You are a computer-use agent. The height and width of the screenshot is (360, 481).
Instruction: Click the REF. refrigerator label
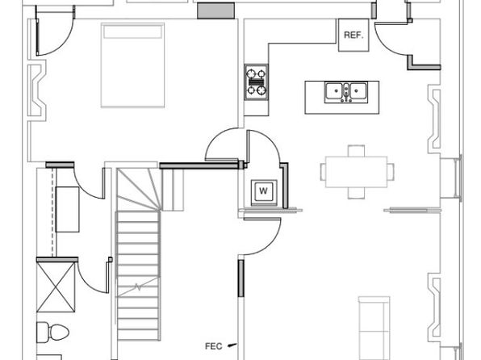(353, 35)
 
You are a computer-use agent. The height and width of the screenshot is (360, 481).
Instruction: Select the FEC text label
(214, 346)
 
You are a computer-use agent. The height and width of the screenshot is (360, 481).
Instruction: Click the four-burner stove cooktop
(256, 82)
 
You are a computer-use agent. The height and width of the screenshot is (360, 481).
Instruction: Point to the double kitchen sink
(346, 92)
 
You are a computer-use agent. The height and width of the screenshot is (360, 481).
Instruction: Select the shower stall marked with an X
(56, 287)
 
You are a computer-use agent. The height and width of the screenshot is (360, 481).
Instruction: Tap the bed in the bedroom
(132, 65)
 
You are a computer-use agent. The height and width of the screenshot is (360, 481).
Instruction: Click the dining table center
(356, 172)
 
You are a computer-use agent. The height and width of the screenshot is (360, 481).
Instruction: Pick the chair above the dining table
(356, 151)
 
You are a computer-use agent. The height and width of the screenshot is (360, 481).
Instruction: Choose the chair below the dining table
(356, 193)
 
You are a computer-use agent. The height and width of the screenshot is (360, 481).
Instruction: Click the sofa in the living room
(374, 328)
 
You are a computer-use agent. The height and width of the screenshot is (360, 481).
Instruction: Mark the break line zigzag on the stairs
(138, 287)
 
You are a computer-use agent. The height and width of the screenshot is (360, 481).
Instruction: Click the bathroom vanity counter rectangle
(68, 209)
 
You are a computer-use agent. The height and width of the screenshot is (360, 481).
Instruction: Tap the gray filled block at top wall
(215, 10)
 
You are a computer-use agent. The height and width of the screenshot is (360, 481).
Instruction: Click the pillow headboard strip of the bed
(132, 32)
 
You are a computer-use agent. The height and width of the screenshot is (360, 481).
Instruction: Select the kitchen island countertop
(341, 98)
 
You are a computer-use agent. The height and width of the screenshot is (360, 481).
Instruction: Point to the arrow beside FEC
(232, 345)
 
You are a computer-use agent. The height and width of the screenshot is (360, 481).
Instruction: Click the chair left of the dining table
(323, 172)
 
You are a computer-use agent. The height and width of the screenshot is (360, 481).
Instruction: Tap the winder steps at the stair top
(139, 190)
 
